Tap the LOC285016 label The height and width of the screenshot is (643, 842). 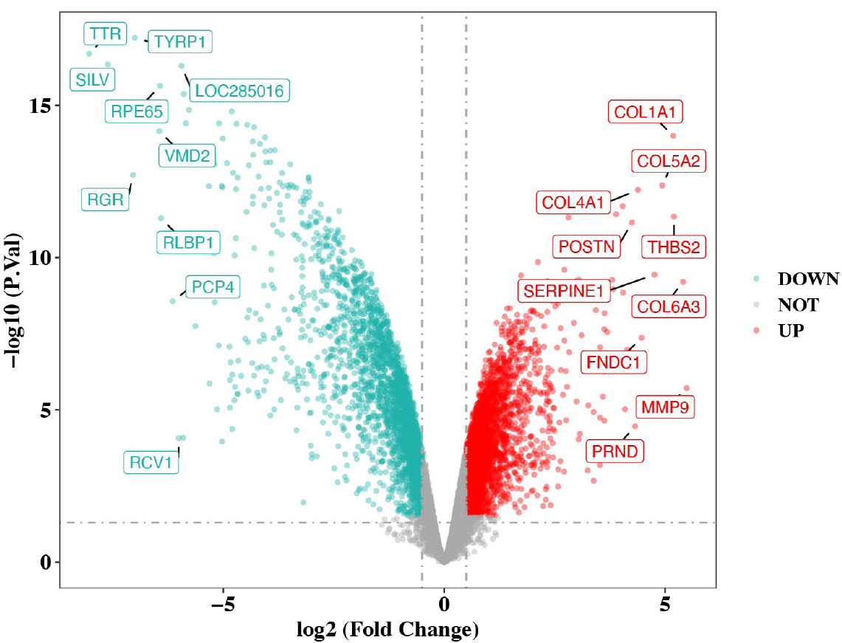[238, 91]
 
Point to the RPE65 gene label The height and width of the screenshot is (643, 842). [136, 111]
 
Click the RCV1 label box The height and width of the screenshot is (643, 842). [151, 463]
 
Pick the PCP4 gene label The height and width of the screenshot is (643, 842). [213, 286]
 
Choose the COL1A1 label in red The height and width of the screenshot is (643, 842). [645, 112]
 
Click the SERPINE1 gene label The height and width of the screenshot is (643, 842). [564, 290]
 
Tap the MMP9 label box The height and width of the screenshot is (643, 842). [664, 407]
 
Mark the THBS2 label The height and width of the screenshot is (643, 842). [673, 247]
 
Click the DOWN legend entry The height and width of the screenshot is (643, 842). [808, 279]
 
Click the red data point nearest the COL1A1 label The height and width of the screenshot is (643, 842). [672, 136]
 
